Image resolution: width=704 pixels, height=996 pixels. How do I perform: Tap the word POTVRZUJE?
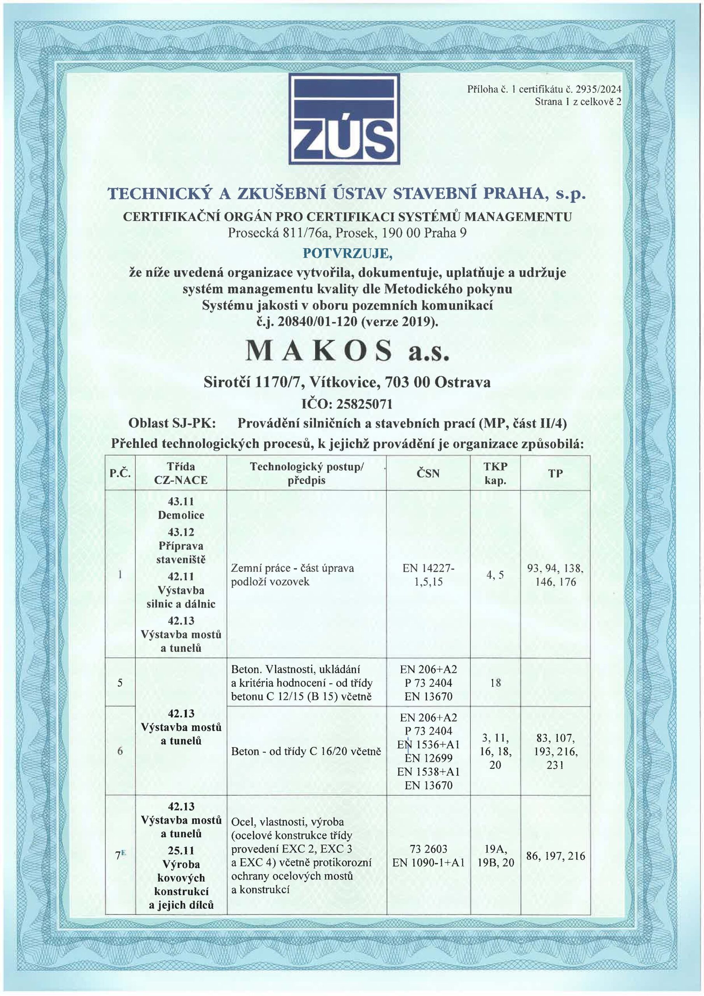[x=348, y=253]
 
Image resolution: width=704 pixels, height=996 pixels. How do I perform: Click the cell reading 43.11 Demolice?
[x=181, y=509]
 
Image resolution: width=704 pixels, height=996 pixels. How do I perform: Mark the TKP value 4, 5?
[x=495, y=575]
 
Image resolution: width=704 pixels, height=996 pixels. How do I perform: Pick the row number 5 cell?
[x=120, y=682]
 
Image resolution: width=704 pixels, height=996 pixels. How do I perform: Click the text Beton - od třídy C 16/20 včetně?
[x=306, y=751]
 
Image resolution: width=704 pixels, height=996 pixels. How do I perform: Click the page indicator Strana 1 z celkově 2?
[x=578, y=102]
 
